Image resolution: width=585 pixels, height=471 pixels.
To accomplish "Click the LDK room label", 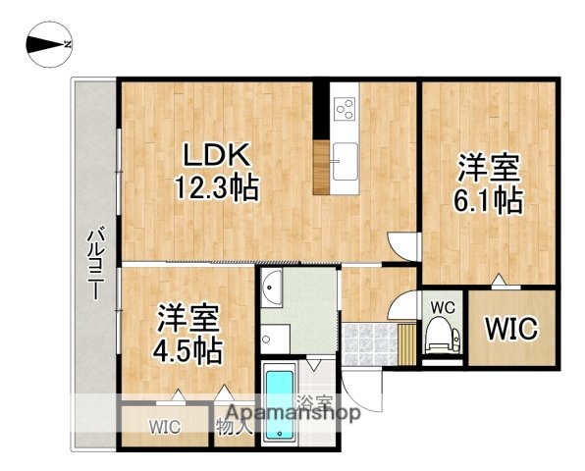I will click(x=217, y=155).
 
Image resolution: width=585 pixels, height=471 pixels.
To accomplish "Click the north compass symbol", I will click(x=47, y=43).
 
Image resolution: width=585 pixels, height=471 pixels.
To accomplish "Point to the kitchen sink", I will click(x=346, y=160).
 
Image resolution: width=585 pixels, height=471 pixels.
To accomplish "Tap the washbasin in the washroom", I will click(x=274, y=289).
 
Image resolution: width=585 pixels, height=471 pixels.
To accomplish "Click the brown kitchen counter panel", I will click(x=321, y=167).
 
